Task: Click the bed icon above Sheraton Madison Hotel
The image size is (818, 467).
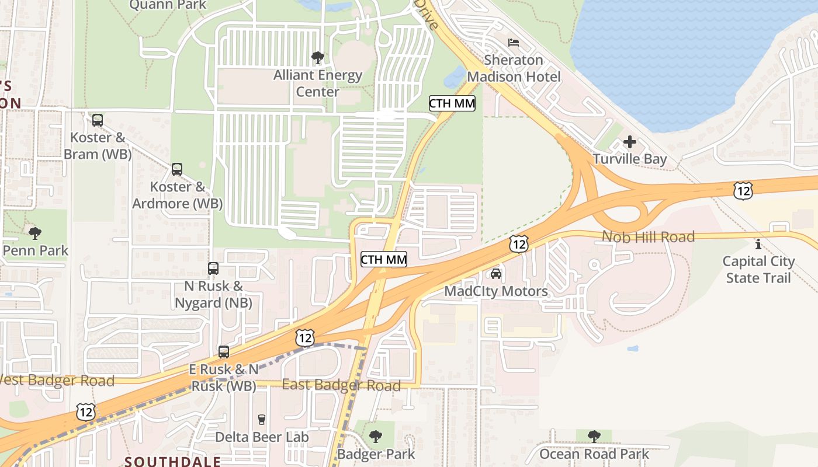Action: point(514,43)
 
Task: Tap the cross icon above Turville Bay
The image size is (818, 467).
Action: point(629,142)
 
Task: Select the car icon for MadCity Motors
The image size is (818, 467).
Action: point(496,274)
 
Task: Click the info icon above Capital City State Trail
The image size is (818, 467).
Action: point(758,244)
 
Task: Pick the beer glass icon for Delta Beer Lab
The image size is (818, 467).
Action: point(262,420)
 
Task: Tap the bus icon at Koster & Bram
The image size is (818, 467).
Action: point(98,120)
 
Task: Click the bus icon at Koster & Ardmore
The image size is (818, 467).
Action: point(177,169)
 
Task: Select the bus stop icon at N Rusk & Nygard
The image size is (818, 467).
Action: point(213,269)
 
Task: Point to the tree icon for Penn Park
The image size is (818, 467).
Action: point(35,233)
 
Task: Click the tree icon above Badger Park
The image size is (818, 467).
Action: point(376,437)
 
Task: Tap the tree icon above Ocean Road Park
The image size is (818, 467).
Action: point(594,437)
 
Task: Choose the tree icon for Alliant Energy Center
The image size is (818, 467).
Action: point(318,58)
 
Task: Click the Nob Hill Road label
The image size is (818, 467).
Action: point(648,237)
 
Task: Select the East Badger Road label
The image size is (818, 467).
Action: point(341,385)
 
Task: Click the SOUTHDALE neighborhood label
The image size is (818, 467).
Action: point(173,461)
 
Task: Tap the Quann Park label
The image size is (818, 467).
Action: point(168,5)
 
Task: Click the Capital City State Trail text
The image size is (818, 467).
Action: point(758,269)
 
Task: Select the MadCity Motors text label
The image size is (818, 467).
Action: point(496,291)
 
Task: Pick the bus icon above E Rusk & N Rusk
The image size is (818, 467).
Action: point(224,352)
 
